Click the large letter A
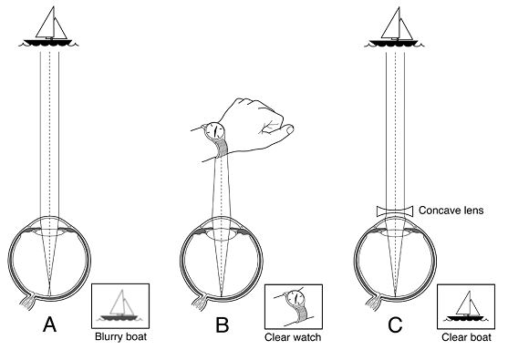[x=49, y=324]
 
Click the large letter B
[x=223, y=324]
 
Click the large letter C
[x=395, y=324]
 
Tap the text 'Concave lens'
[x=451, y=211]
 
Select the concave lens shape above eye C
[x=395, y=211]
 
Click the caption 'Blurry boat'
[x=120, y=336]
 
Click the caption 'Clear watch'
[x=293, y=337]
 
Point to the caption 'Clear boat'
[x=466, y=337]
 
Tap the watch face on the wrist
[x=215, y=131]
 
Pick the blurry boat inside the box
[x=120, y=306]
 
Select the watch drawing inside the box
[x=294, y=306]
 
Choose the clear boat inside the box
[x=466, y=306]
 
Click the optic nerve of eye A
[x=28, y=302]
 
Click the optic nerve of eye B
[x=201, y=303]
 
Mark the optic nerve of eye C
[x=374, y=303]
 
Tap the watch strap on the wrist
[x=223, y=148]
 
